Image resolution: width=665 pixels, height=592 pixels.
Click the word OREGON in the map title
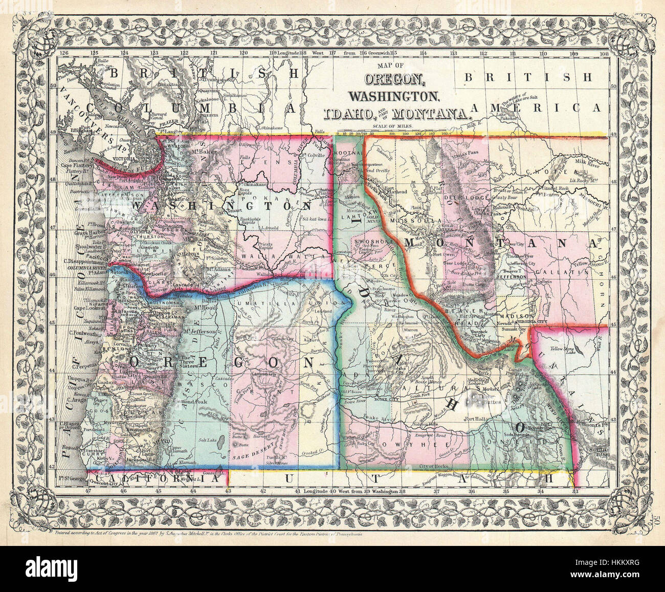(x=393, y=80)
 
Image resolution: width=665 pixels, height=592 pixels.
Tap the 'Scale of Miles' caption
(x=393, y=125)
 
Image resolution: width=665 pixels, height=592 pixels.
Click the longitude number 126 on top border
(x=64, y=52)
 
